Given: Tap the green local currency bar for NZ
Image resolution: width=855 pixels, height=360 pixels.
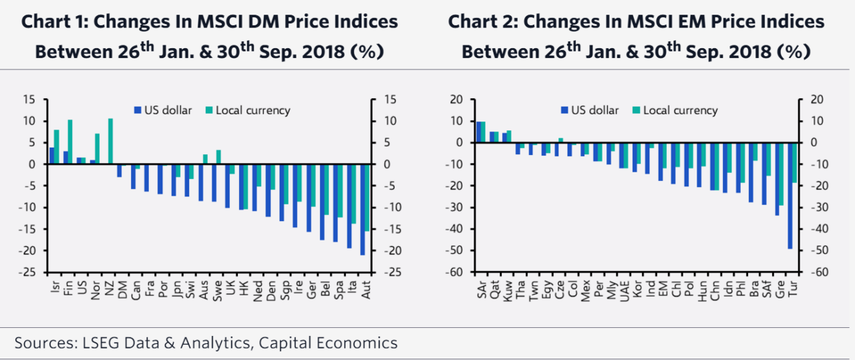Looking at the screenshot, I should (x=111, y=142).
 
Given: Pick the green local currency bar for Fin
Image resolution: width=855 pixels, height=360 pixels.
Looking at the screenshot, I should (x=70, y=142).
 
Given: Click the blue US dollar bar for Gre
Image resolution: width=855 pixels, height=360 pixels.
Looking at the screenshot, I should (x=777, y=179).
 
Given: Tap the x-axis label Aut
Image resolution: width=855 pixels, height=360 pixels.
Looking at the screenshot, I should (x=365, y=288).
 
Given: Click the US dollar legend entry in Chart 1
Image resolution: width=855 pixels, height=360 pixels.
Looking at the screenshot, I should (x=163, y=110).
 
